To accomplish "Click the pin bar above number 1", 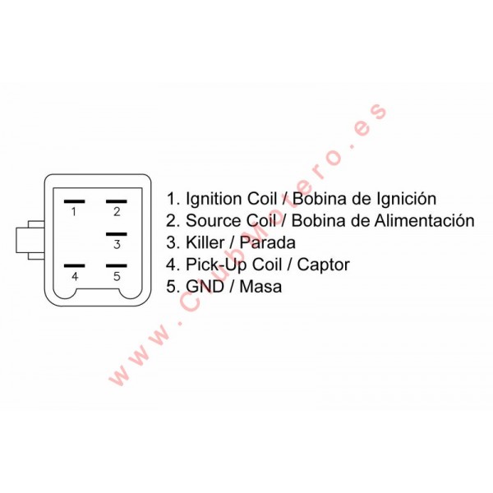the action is (x=74, y=201).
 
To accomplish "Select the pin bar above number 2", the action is (x=117, y=201).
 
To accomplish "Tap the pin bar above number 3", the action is (x=117, y=234).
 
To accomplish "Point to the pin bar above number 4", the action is (x=74, y=265).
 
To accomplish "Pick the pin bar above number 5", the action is (x=117, y=265).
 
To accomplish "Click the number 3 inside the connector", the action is (x=117, y=244).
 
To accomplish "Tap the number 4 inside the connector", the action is (x=75, y=276).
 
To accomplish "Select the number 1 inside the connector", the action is (x=74, y=212).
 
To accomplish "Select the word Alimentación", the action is (x=425, y=220).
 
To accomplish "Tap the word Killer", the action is (x=205, y=242).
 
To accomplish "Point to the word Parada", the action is (x=268, y=242).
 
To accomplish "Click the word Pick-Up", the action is (x=217, y=265).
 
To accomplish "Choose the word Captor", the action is (x=323, y=265).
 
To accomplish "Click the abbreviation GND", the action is (x=205, y=287).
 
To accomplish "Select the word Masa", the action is (x=260, y=287).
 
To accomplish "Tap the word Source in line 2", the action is (x=214, y=220).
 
